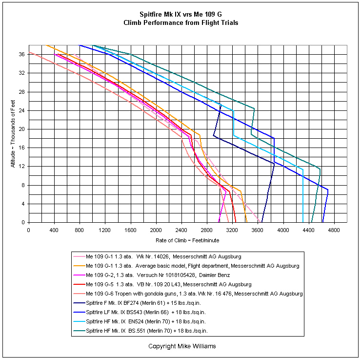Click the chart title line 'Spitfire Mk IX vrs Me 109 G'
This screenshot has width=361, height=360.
point(180,14)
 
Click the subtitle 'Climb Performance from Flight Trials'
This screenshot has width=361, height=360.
point(180,22)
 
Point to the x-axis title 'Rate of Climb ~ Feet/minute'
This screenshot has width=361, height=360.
point(187,240)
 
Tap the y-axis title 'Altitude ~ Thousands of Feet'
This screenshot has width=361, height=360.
point(13,134)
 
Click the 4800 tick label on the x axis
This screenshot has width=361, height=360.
point(334,230)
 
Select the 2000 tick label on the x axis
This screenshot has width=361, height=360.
point(156,230)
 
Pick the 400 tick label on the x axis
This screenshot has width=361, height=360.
point(54,230)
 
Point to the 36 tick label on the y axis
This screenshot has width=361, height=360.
point(22,54)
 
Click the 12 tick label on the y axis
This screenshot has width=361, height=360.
point(22,167)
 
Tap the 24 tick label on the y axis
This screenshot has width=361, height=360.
point(22,110)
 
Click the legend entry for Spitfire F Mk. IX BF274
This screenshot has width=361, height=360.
point(137,303)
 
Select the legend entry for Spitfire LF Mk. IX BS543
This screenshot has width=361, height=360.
point(140,312)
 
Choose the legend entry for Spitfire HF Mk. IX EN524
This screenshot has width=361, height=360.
point(140,321)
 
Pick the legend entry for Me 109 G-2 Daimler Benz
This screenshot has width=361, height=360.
point(152,275)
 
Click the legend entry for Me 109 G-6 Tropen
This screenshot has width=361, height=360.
point(188,294)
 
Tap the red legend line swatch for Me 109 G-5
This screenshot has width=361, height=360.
point(79,284)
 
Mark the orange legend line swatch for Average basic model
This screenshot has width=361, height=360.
point(79,266)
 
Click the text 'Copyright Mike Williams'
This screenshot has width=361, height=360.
point(182,346)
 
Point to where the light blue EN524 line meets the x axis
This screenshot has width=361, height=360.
point(303,222)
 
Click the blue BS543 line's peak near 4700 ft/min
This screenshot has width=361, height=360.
point(328,190)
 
